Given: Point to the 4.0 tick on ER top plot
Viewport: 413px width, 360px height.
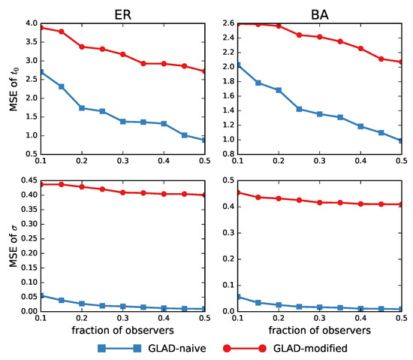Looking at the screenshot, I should pyautogui.click(x=30, y=23).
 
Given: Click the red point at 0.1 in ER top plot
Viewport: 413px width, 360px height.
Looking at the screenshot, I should pyautogui.click(x=41, y=28).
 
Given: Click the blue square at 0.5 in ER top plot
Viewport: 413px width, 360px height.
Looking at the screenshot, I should pyautogui.click(x=204, y=140).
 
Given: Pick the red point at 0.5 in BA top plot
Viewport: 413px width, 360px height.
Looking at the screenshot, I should pyautogui.click(x=401, y=62).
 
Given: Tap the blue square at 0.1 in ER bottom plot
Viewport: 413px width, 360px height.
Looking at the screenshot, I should pyautogui.click(x=41, y=296).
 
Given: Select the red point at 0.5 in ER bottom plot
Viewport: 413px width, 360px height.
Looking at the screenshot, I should pyautogui.click(x=204, y=195).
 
